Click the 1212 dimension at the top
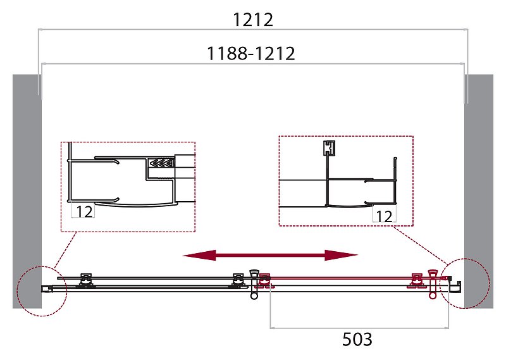pyautogui.click(x=252, y=20)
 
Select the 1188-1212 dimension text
pyautogui.click(x=251, y=54)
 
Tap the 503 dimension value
pyautogui.click(x=357, y=340)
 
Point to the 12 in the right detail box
pyautogui.click(x=383, y=216)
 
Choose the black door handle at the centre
pyautogui.click(x=255, y=282)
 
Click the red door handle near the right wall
pyautogui.click(x=433, y=283)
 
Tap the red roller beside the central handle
pyautogui.click(x=266, y=280)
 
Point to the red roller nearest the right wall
pyautogui.click(x=417, y=280)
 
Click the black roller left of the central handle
pyautogui.click(x=238, y=280)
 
